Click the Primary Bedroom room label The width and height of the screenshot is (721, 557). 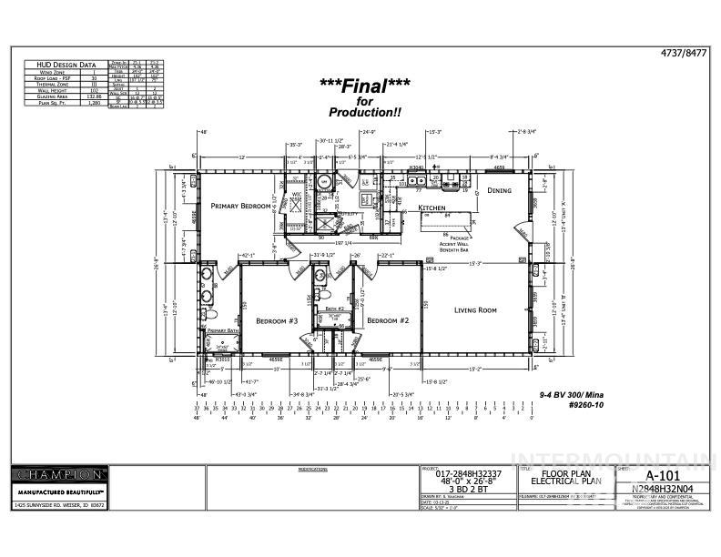[237, 206]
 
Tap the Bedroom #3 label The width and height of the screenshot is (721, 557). [277, 321]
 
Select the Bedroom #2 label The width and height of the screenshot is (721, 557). [389, 320]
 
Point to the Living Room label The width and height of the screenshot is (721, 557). [475, 310]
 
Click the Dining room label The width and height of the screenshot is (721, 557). [499, 190]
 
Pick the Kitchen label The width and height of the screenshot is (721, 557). [432, 208]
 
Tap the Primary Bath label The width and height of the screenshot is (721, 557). [222, 330]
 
